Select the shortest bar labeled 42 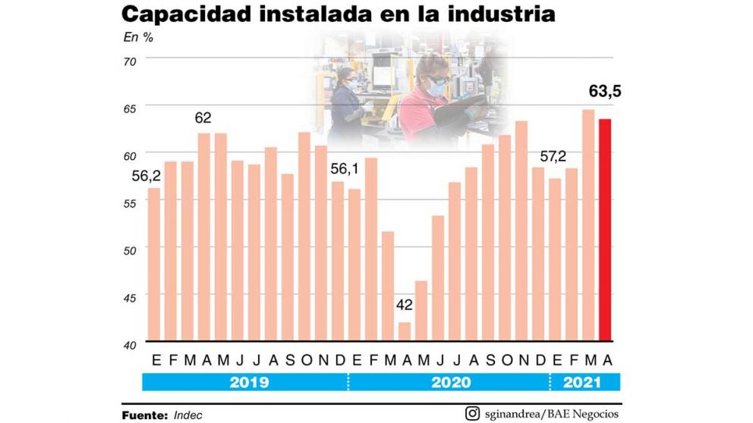[x=405, y=331]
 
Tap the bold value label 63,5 [x=606, y=92]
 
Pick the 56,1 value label [x=345, y=168]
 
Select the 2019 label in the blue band [x=248, y=382]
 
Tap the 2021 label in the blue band [x=583, y=382]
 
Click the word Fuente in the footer [x=143, y=415]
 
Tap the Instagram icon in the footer [x=472, y=413]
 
